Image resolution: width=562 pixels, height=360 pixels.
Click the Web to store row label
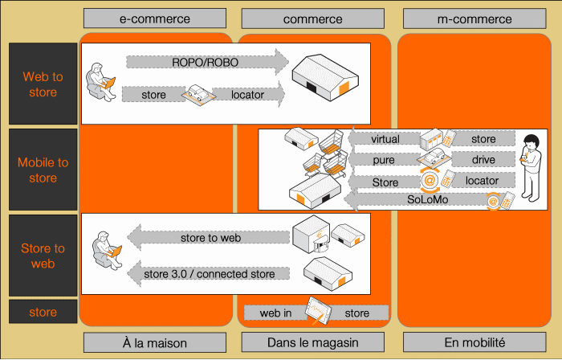[x=43, y=84]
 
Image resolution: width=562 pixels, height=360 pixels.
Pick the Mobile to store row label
[x=43, y=170]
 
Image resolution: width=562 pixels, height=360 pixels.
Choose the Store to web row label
[x=43, y=256]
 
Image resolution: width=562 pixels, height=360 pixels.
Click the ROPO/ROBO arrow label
[x=205, y=62]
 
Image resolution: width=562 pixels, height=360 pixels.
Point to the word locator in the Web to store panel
[x=253, y=95]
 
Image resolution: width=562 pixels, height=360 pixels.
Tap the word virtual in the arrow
[x=385, y=139]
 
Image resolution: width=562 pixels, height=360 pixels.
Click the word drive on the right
[x=483, y=160]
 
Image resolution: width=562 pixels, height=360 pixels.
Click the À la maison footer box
[x=155, y=342]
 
